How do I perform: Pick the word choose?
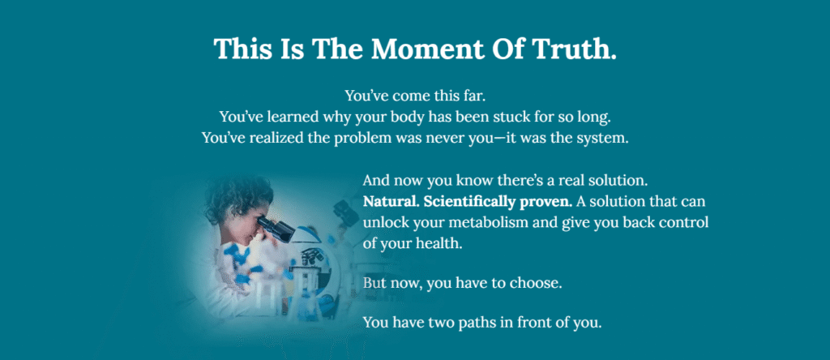pyautogui.click(x=535, y=283)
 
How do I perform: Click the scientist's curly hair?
pyautogui.click(x=237, y=196)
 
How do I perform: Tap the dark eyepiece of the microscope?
pyautogui.click(x=276, y=228)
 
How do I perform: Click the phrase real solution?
pyautogui.click(x=603, y=181)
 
